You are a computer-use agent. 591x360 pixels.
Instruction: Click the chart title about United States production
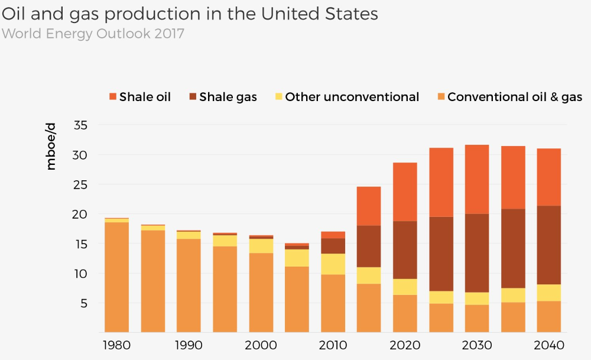pyautogui.click(x=190, y=14)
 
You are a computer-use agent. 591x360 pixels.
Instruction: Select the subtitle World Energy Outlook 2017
pyautogui.click(x=93, y=34)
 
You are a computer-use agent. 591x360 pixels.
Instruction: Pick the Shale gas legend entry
pyautogui.click(x=222, y=97)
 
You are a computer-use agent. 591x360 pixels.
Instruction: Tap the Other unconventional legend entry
pyautogui.click(x=346, y=97)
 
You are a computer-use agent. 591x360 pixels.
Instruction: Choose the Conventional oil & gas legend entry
pyautogui.click(x=509, y=97)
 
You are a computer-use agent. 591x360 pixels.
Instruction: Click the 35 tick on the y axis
pyautogui.click(x=81, y=125)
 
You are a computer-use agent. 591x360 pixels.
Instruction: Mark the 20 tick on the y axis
pyautogui.click(x=81, y=214)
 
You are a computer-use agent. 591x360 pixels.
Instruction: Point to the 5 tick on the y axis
pyautogui.click(x=85, y=303)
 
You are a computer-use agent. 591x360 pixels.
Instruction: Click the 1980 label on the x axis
pyautogui.click(x=116, y=345)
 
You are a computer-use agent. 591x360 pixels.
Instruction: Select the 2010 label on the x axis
pyautogui.click(x=333, y=345)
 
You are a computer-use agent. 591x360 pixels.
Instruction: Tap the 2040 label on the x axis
pyautogui.click(x=549, y=345)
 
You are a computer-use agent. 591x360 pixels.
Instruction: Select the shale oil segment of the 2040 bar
pyautogui.click(x=549, y=177)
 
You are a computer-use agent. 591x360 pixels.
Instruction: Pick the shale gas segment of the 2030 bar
pyautogui.click(x=477, y=253)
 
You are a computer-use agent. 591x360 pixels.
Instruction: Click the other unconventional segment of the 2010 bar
pyautogui.click(x=333, y=264)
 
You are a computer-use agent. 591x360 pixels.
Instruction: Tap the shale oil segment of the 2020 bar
pyautogui.click(x=405, y=192)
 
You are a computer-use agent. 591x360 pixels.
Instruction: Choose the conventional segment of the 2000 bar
pyautogui.click(x=261, y=293)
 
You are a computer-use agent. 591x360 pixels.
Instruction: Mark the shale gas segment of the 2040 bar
pyautogui.click(x=549, y=245)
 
